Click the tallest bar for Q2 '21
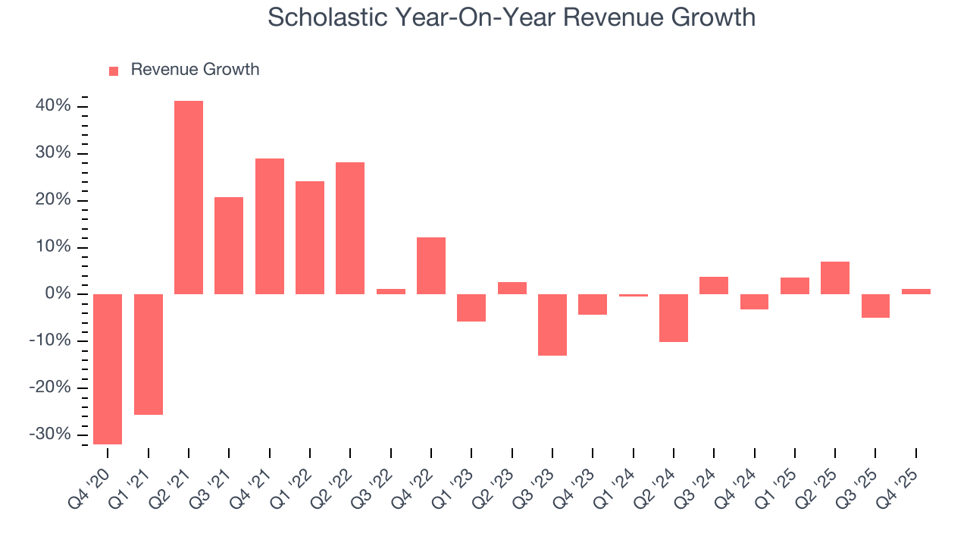189,197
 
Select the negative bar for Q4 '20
108,369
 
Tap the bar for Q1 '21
149,354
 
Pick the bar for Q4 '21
270,226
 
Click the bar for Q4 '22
431,265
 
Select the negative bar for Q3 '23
552,325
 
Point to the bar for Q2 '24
674,318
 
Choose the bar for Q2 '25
835,278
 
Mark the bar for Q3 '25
875,306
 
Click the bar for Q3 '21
229,245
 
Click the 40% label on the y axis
53,107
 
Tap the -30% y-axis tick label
51,435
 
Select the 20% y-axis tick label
53,200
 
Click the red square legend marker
114,71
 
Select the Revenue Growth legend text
195,70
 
